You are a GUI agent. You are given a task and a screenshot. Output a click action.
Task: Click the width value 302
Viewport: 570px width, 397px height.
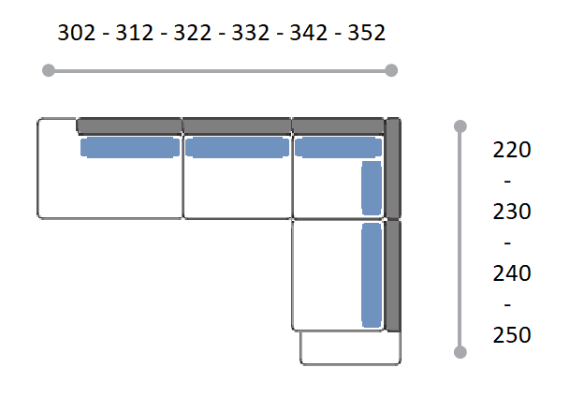pyautogui.click(x=77, y=33)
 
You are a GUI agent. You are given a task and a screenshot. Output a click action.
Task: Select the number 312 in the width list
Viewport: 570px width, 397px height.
pyautogui.click(x=135, y=33)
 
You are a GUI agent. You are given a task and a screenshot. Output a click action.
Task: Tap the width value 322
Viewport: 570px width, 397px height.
pyautogui.click(x=192, y=33)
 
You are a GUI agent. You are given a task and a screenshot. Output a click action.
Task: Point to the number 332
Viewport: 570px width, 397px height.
pyautogui.click(x=251, y=33)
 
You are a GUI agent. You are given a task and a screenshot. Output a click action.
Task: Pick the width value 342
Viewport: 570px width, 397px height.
pyautogui.click(x=308, y=33)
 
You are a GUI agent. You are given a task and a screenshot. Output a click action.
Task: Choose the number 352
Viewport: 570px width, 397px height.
pyautogui.click(x=367, y=33)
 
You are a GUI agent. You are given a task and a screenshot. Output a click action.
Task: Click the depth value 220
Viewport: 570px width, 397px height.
pyautogui.click(x=512, y=150)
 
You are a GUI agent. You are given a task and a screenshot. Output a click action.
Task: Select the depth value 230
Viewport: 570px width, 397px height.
pyautogui.click(x=512, y=212)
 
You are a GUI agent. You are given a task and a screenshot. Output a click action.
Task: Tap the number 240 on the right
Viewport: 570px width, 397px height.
pyautogui.click(x=512, y=273)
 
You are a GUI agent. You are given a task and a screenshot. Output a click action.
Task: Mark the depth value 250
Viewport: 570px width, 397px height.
pyautogui.click(x=512, y=335)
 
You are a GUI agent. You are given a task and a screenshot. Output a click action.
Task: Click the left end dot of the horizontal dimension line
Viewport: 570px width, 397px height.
pyautogui.click(x=49, y=70)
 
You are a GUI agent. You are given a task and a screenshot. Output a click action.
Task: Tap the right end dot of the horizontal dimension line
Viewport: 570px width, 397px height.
pyautogui.click(x=391, y=70)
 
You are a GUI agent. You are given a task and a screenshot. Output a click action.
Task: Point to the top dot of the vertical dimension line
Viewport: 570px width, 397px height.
pyautogui.click(x=460, y=126)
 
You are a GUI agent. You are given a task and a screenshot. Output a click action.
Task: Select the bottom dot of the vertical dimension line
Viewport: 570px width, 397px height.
pyautogui.click(x=460, y=352)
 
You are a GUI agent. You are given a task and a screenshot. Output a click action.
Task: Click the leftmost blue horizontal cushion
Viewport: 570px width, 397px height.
pyautogui.click(x=130, y=147)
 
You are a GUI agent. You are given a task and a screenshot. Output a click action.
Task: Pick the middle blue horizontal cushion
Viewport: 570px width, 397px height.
pyautogui.click(x=237, y=147)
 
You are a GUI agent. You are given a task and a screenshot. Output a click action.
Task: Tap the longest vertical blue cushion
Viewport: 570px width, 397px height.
pyautogui.click(x=372, y=275)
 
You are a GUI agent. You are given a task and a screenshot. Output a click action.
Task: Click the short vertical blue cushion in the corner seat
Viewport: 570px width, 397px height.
pyautogui.click(x=372, y=188)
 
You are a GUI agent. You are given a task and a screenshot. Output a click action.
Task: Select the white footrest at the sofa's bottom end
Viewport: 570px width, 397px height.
pyautogui.click(x=351, y=348)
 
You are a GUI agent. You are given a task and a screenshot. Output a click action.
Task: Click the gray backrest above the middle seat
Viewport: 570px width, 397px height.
pyautogui.click(x=237, y=126)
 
